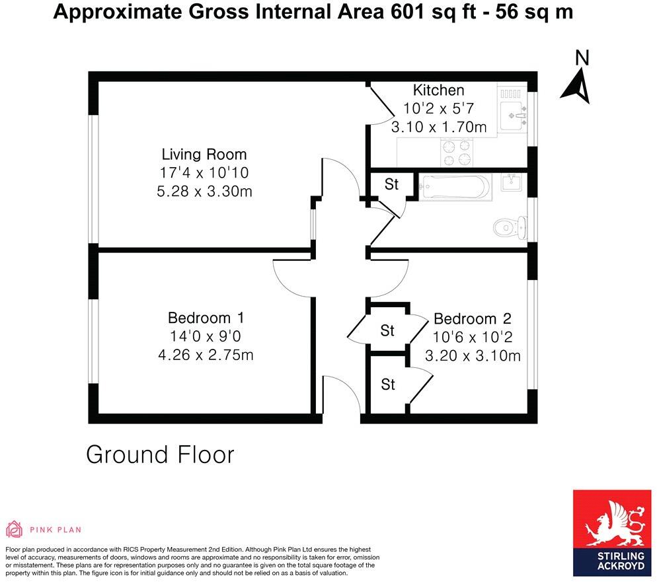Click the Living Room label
pyautogui.click(x=204, y=155)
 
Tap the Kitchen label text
pyautogui.click(x=438, y=91)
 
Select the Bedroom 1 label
pyautogui.click(x=205, y=318)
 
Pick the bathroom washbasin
pyautogui.click(x=512, y=182)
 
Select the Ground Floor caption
pyautogui.click(x=161, y=455)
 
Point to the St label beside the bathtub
pyautogui.click(x=391, y=184)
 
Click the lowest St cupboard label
pyautogui.click(x=387, y=384)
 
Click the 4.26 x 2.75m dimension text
pyautogui.click(x=205, y=355)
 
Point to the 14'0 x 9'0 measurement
pyautogui.click(x=205, y=336)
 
